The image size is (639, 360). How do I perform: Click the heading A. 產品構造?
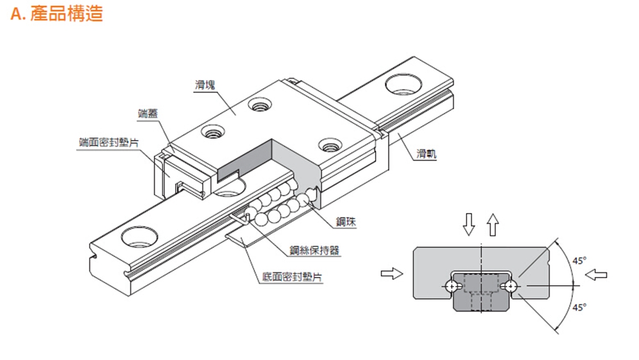click(57, 13)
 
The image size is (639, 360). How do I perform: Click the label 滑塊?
click(204, 84)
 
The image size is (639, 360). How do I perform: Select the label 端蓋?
click(148, 113)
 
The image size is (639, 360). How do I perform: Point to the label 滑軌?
click(426, 154)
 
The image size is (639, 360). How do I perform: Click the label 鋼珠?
click(346, 222)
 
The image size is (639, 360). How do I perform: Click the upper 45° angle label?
click(580, 261)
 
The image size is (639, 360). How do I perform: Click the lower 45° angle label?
click(580, 308)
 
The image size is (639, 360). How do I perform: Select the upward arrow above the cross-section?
click(491, 224)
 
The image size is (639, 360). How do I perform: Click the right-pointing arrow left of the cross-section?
click(390, 274)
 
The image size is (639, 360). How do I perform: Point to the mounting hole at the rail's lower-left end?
click(139, 236)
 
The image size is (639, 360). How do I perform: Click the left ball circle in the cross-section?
click(452, 286)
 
